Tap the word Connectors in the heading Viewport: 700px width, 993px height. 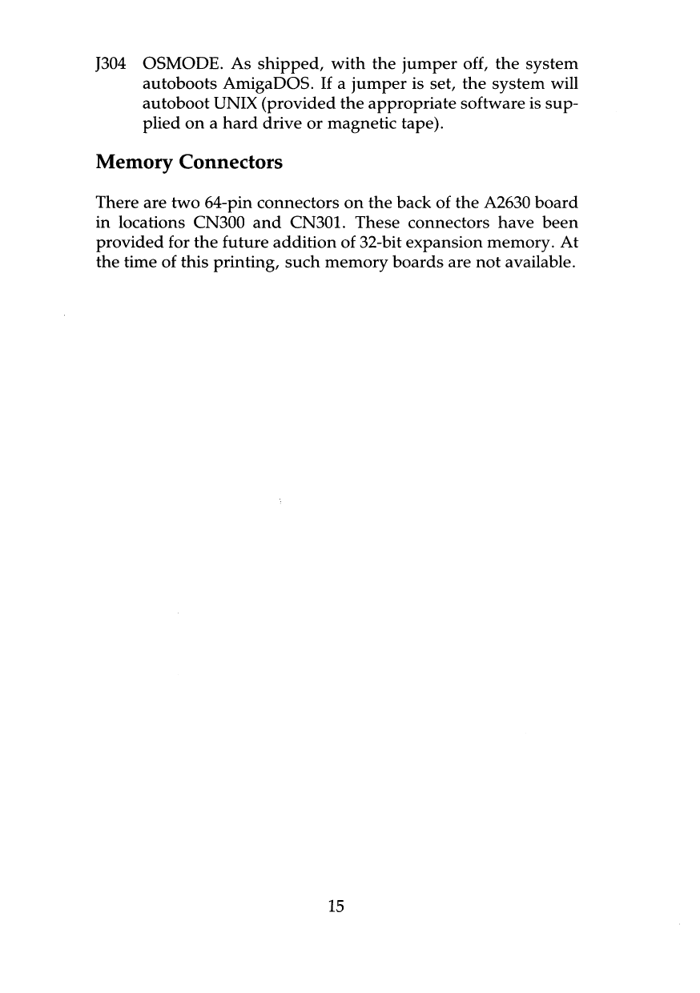tap(231, 163)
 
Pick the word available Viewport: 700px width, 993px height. tap(536, 264)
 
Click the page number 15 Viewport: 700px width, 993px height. tap(336, 907)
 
